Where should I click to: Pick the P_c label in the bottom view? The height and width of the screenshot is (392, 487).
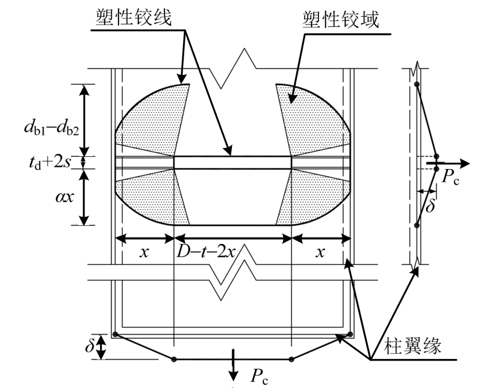point(260,377)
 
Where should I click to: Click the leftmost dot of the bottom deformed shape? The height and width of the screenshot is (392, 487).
point(116,334)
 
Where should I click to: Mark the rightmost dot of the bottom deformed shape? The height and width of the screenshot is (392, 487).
point(350,334)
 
